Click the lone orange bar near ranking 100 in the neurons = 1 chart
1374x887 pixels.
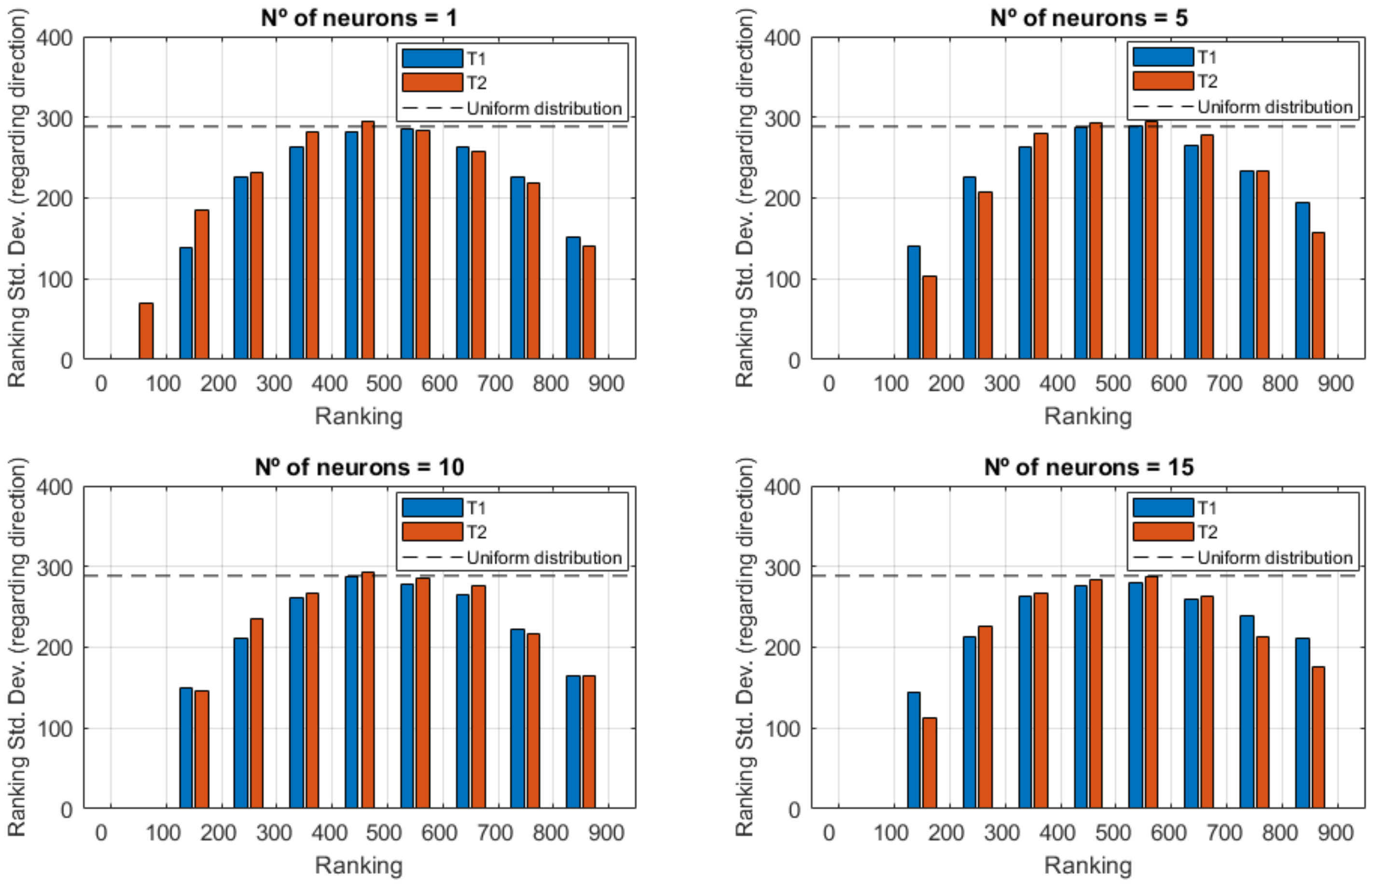click(x=146, y=331)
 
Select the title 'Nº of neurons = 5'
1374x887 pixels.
click(x=1088, y=18)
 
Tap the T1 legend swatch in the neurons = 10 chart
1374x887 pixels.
click(x=432, y=507)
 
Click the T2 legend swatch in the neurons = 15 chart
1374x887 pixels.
click(x=1163, y=532)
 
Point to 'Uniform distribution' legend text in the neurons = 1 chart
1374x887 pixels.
click(x=543, y=109)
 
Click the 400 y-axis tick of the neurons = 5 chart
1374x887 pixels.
click(x=782, y=39)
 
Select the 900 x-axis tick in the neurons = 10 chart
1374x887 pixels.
click(x=606, y=833)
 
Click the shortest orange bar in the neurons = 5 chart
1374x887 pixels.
click(x=929, y=318)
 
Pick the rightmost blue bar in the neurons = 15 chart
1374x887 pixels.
click(x=1302, y=723)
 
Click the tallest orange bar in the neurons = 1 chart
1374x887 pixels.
click(x=368, y=240)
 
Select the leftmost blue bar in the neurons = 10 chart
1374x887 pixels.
click(x=186, y=748)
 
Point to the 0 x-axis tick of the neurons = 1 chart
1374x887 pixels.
click(x=101, y=383)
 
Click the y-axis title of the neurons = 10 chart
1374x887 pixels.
click(x=17, y=647)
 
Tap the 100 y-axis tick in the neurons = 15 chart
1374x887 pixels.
click(x=782, y=729)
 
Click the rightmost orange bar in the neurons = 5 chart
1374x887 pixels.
click(x=1318, y=296)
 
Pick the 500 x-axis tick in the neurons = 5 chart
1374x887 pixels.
click(x=1112, y=383)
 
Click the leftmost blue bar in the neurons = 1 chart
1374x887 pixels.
click(x=186, y=303)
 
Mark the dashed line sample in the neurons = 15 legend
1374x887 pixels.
click(x=1163, y=557)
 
